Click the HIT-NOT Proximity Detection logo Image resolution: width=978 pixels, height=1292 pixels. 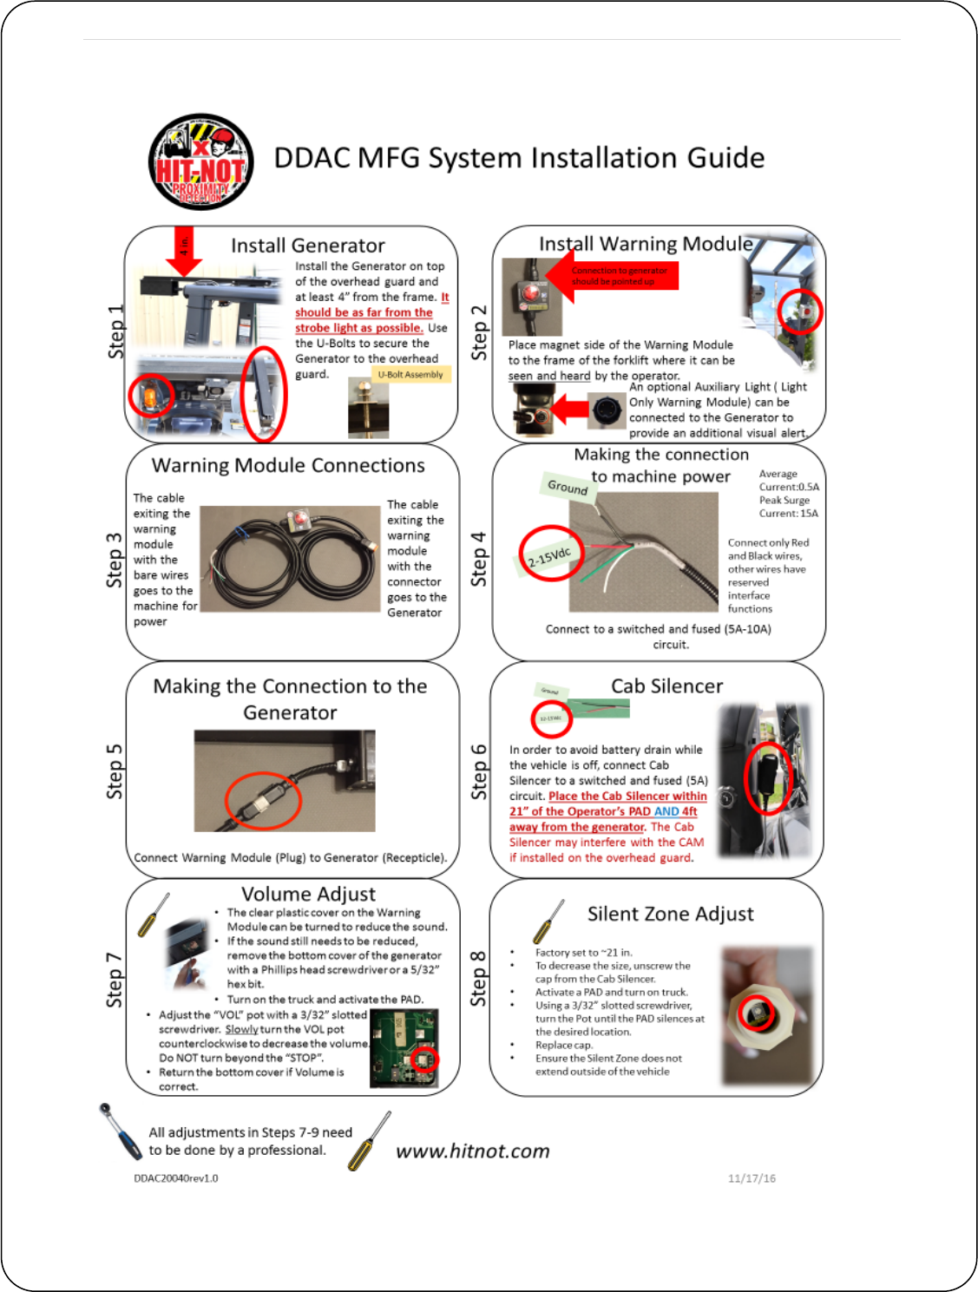(201, 161)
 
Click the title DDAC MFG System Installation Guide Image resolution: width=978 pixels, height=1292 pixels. (519, 158)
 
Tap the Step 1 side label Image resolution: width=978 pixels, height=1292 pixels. (115, 331)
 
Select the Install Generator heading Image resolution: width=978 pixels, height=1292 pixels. (308, 246)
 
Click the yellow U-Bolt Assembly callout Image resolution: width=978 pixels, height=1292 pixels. (410, 375)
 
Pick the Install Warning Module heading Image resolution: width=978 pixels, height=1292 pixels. (646, 244)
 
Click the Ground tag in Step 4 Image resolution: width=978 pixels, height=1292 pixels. (568, 487)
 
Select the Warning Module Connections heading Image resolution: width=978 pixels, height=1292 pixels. (288, 465)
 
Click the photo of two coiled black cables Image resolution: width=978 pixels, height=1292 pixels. (290, 560)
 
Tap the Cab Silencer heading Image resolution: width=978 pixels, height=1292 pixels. (666, 686)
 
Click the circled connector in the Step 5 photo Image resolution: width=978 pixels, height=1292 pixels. (262, 800)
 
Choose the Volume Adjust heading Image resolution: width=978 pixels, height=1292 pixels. (308, 894)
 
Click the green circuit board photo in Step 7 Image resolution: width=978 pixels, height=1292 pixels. (404, 1048)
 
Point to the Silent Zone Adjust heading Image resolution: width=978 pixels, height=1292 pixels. (670, 914)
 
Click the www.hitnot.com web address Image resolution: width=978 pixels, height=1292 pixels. (473, 1151)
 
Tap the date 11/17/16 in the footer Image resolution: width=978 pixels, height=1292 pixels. (752, 1178)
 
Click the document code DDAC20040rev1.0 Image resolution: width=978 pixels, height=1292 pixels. (176, 1178)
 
